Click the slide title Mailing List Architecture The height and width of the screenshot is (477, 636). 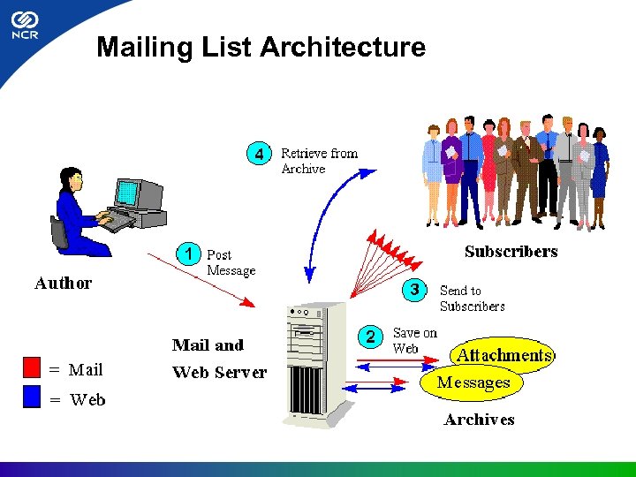(261, 47)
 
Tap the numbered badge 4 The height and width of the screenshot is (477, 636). (258, 154)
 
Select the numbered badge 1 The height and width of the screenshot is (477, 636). (188, 254)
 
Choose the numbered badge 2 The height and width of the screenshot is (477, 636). (371, 336)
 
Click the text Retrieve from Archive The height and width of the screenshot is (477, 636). (318, 161)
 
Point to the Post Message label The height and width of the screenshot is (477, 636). (231, 262)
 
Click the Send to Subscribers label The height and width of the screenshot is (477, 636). (472, 298)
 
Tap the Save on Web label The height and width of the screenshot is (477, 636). (414, 340)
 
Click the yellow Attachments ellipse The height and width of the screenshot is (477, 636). (503, 355)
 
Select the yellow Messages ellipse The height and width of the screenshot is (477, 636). (473, 382)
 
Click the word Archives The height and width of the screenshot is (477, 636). (479, 420)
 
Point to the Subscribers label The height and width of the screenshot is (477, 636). (511, 252)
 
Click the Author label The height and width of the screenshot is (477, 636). (63, 284)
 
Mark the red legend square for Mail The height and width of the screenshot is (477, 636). (33, 367)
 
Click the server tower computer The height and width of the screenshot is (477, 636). (315, 362)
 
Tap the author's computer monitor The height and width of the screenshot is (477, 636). (129, 193)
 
